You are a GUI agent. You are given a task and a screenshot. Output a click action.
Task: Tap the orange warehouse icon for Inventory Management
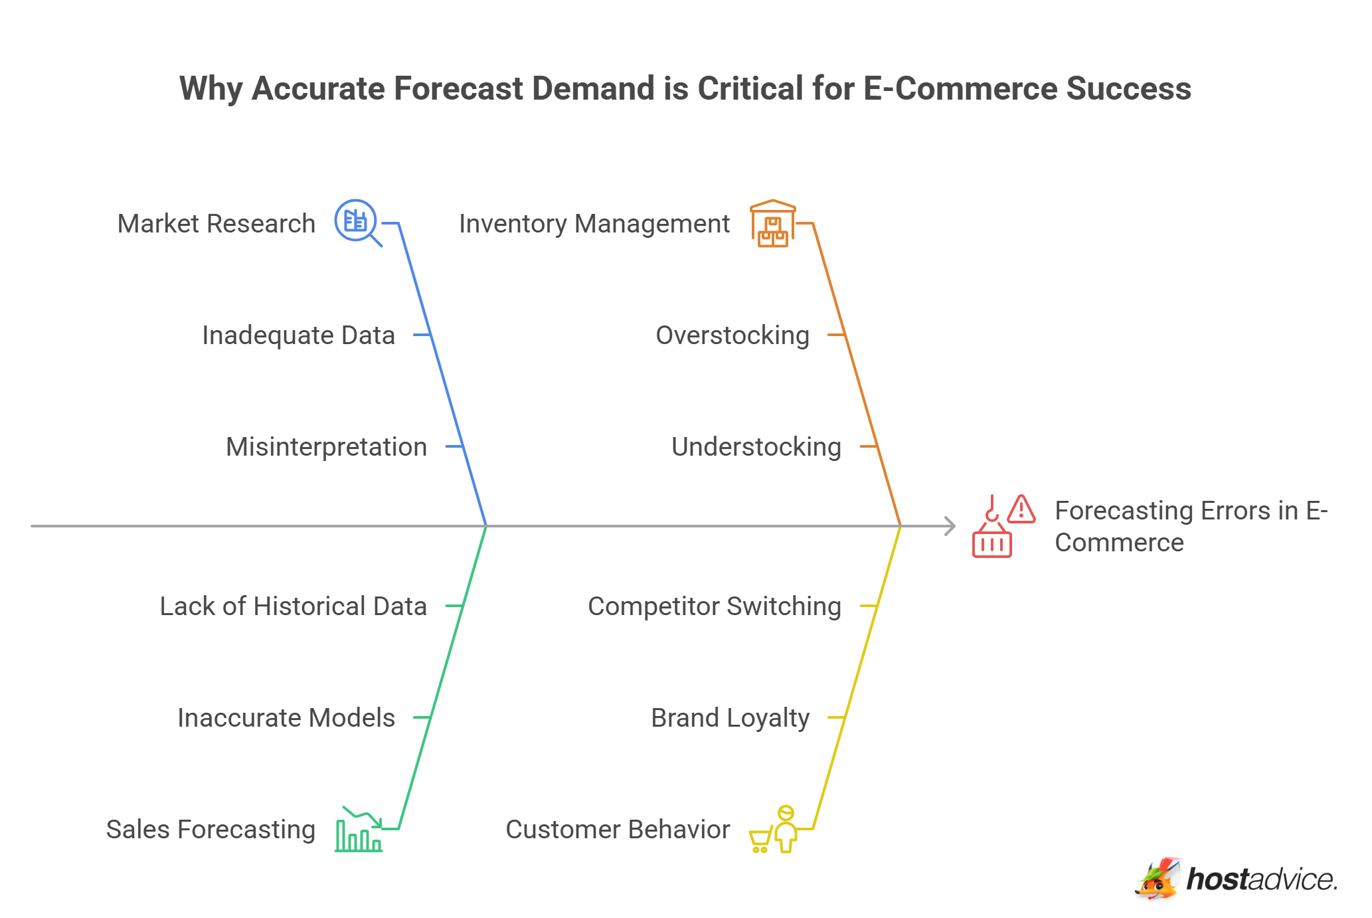[x=772, y=224]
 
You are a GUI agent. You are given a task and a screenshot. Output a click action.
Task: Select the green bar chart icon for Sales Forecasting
[x=359, y=830]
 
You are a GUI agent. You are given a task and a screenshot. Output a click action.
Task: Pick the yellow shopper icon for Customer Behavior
[x=774, y=830]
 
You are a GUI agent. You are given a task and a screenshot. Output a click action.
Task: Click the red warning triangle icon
[x=1021, y=509]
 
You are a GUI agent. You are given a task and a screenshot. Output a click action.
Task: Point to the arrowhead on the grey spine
[x=951, y=526]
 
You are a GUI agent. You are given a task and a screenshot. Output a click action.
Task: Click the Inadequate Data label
[x=298, y=335]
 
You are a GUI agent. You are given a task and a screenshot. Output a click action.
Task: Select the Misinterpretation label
[x=326, y=447]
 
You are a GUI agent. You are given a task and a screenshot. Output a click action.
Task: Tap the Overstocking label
[x=732, y=335]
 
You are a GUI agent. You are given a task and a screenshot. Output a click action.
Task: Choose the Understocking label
[x=756, y=447]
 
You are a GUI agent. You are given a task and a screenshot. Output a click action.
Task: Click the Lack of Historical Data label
[x=293, y=606]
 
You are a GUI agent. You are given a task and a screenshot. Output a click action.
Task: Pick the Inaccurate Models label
[x=286, y=718]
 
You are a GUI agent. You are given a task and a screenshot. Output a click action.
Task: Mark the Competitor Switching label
[x=715, y=606]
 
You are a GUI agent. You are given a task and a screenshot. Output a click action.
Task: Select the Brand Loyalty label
[x=730, y=718]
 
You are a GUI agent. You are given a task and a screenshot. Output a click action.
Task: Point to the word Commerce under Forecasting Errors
[x=1119, y=543]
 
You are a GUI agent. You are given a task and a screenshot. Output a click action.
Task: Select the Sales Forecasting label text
[x=211, y=830]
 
